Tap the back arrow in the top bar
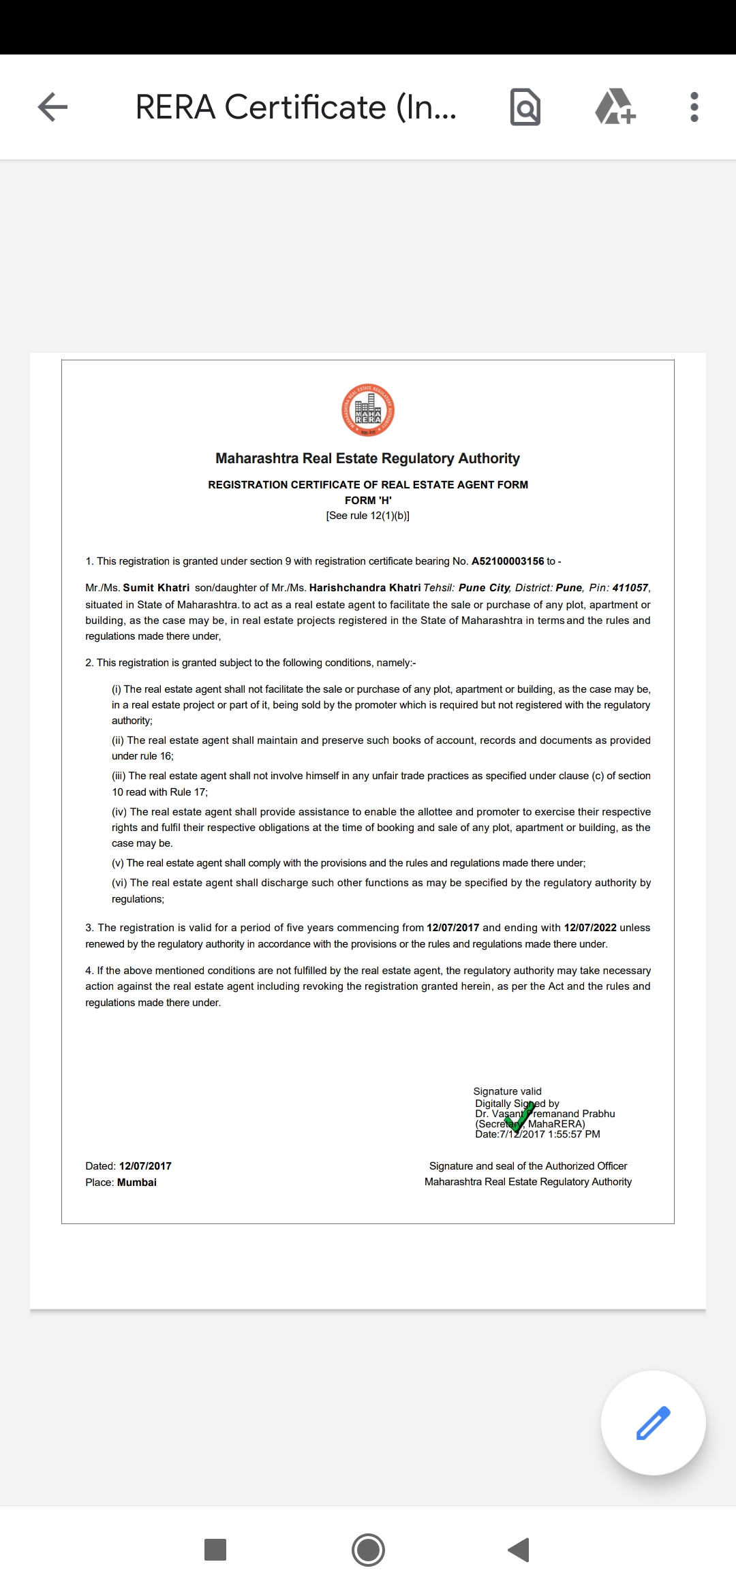click(x=52, y=107)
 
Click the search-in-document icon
click(x=525, y=107)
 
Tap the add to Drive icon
click(x=615, y=107)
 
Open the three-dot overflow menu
click(x=694, y=107)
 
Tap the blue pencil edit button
click(x=653, y=1422)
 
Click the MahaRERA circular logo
click(x=368, y=410)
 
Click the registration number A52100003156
click(x=508, y=561)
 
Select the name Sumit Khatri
click(x=156, y=588)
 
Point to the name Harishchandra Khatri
click(x=365, y=588)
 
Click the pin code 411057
click(x=630, y=588)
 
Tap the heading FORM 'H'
click(x=368, y=500)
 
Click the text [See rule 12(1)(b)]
click(x=368, y=516)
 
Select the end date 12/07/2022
click(x=590, y=928)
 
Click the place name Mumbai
click(x=137, y=1183)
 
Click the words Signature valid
click(x=508, y=1091)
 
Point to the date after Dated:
click(x=145, y=1166)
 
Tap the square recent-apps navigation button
click(x=215, y=1550)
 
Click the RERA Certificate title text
click(x=296, y=107)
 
